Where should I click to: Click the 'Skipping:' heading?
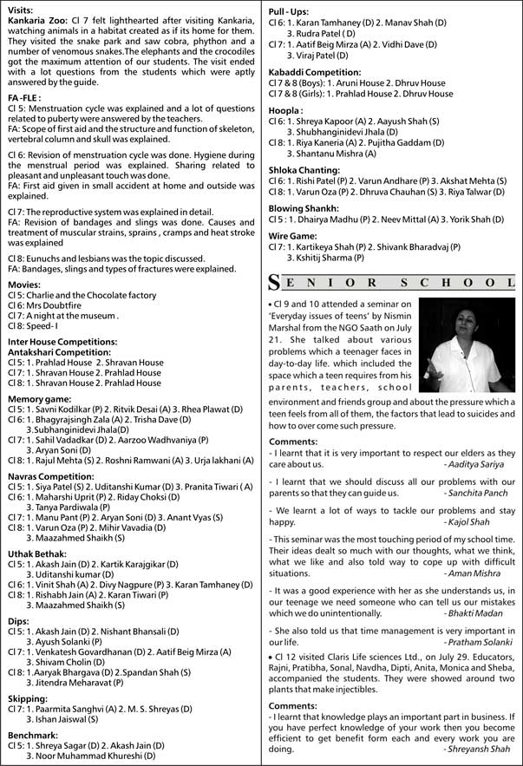click(x=28, y=697)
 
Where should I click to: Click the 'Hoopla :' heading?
click(x=287, y=111)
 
